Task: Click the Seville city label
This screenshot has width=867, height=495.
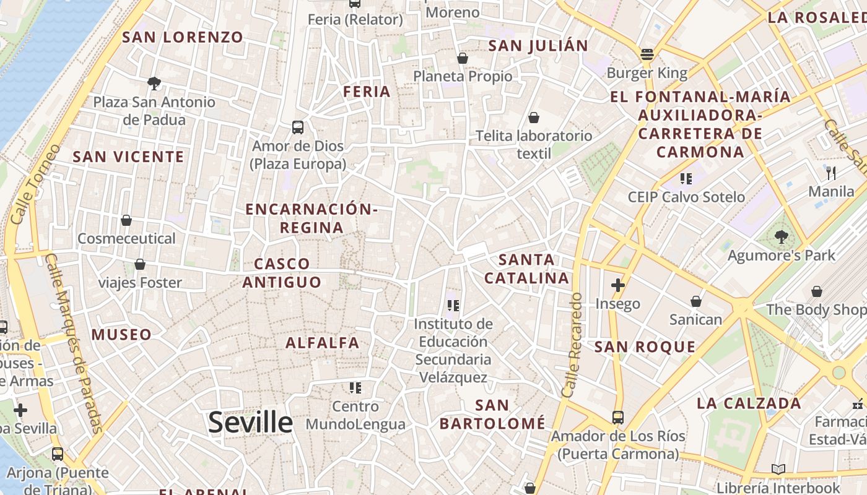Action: click(x=250, y=423)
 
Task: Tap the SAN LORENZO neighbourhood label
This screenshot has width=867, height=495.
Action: click(x=183, y=37)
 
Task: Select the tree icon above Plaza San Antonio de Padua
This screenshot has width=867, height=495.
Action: click(x=154, y=83)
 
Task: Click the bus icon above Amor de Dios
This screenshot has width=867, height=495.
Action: click(x=298, y=127)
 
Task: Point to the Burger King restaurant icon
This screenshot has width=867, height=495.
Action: click(x=647, y=54)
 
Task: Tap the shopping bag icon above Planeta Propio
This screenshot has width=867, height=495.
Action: click(x=462, y=58)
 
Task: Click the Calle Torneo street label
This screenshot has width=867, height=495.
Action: click(x=36, y=184)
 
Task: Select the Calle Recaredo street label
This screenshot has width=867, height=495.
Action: click(x=572, y=345)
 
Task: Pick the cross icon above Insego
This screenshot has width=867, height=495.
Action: click(x=617, y=285)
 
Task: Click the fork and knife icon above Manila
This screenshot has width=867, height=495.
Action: click(x=831, y=173)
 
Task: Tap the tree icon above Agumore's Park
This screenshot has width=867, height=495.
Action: click(x=781, y=236)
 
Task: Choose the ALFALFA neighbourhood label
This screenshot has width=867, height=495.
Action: click(x=322, y=343)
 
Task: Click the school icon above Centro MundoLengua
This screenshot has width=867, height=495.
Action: click(x=355, y=388)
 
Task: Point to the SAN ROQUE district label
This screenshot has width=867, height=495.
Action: click(x=645, y=347)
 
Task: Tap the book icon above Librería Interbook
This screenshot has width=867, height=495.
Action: click(x=778, y=470)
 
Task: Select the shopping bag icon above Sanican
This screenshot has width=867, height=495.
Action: click(x=696, y=301)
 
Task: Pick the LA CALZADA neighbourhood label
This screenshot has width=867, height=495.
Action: click(x=749, y=403)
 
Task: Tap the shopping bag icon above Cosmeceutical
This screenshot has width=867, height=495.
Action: click(x=126, y=220)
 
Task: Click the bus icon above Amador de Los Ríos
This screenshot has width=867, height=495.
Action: click(x=617, y=417)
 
